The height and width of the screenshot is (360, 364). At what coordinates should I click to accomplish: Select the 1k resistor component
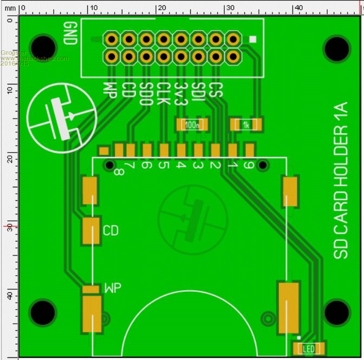(x=246, y=125)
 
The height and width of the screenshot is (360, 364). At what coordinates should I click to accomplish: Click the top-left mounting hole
(x=43, y=48)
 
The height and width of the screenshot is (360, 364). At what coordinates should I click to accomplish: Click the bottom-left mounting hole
(x=43, y=312)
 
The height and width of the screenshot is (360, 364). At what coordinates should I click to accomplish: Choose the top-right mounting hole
(x=337, y=48)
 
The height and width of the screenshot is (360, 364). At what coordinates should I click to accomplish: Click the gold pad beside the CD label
(x=91, y=231)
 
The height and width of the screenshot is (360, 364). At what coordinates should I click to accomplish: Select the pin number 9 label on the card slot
(x=249, y=165)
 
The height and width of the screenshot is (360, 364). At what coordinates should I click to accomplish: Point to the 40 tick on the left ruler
(x=9, y=296)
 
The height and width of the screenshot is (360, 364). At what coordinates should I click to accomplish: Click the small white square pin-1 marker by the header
(x=253, y=39)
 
